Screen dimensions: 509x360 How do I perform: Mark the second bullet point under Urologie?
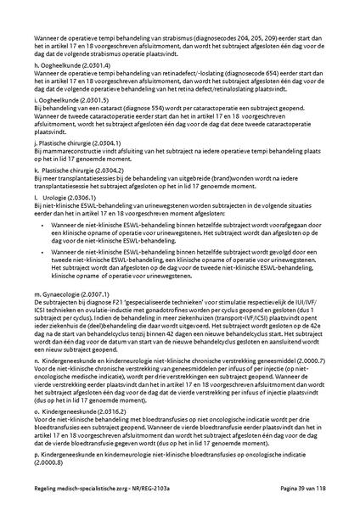42,252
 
